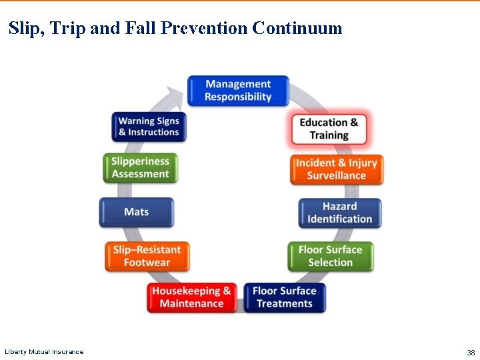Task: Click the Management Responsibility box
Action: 238,91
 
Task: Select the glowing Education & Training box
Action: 329,129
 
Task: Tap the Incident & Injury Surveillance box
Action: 337,169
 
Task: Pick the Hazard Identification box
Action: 340,213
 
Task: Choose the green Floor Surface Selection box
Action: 330,256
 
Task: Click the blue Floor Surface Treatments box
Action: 285,297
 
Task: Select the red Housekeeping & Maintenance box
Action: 191,297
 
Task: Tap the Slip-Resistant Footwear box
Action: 147,256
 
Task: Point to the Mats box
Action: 137,212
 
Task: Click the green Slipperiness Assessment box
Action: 140,167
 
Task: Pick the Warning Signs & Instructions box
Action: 149,127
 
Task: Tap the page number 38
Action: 471,352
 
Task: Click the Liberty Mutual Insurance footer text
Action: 44,352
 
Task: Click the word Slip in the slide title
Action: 24,28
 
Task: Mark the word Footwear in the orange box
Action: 147,263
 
